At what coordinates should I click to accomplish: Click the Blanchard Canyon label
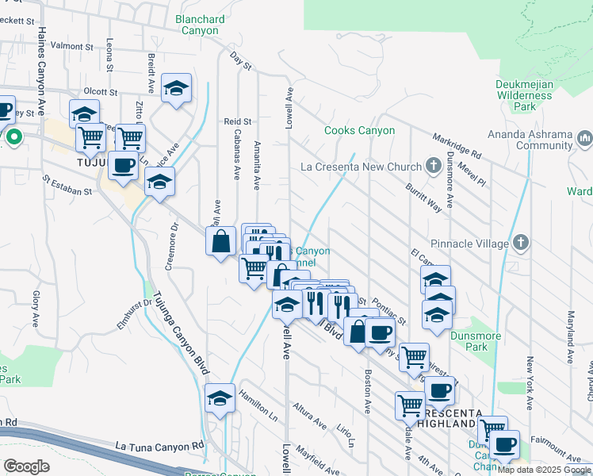pos(188,24)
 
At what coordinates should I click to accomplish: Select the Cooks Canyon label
pos(359,130)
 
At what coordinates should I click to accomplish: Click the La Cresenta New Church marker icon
pos(433,167)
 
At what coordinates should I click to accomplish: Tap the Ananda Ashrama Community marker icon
pos(585,140)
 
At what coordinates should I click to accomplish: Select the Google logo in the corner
pos(26,466)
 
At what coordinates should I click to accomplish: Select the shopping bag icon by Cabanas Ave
pos(221,242)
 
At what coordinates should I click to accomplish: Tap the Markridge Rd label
pos(457,144)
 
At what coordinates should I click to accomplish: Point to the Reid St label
pos(237,121)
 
